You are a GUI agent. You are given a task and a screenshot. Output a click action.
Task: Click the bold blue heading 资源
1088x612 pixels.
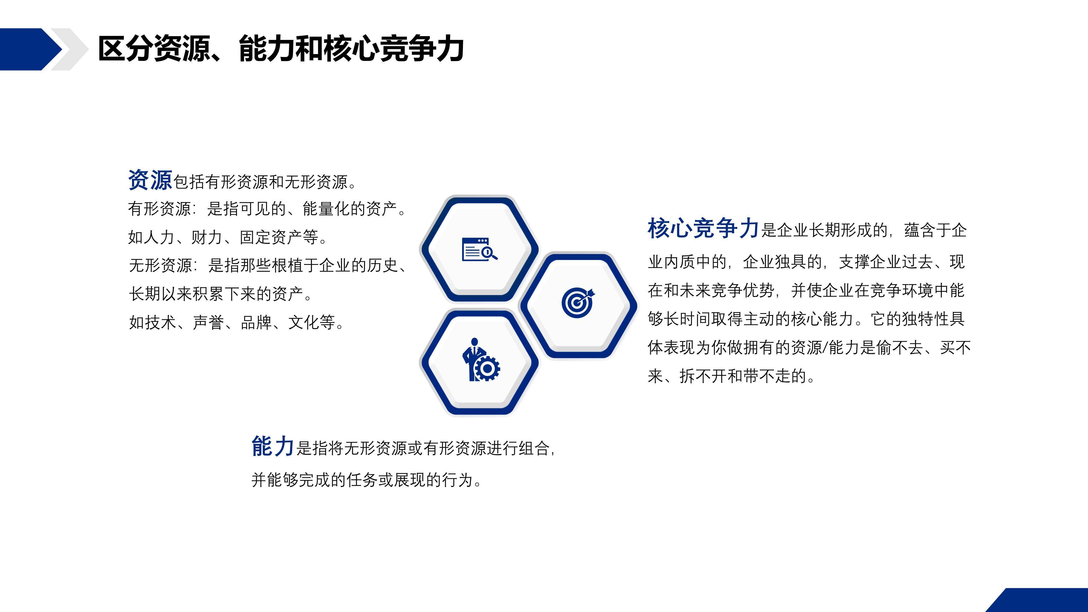(150, 180)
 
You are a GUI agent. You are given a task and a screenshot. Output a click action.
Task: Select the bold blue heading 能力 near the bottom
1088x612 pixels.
(272, 447)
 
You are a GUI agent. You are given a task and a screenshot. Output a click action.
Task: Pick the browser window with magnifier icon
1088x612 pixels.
(480, 249)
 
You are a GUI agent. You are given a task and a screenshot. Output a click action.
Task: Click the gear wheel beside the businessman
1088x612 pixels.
(487, 369)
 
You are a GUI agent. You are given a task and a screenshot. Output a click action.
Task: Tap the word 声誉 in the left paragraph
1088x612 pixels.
(208, 322)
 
